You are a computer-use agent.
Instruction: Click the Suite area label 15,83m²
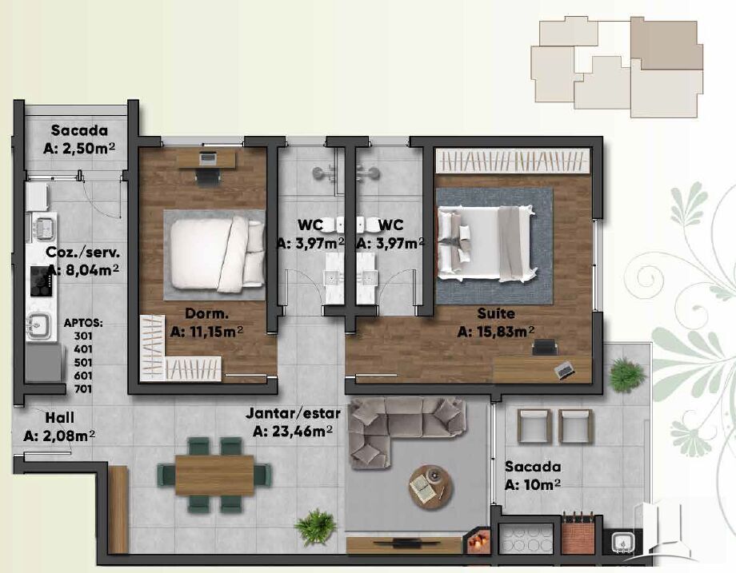pyautogui.click(x=496, y=332)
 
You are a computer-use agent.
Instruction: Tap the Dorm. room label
pyautogui.click(x=206, y=314)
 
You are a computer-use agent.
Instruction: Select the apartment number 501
pyautogui.click(x=83, y=363)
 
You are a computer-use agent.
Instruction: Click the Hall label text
pyautogui.click(x=60, y=417)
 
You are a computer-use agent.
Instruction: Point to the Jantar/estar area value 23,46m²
pyautogui.click(x=293, y=431)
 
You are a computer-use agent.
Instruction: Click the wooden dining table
pyautogui.click(x=214, y=475)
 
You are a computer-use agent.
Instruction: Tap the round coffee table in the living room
pyautogui.click(x=431, y=484)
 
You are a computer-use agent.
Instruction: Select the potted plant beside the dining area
pyautogui.click(x=315, y=527)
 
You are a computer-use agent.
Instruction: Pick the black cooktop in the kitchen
pyautogui.click(x=41, y=281)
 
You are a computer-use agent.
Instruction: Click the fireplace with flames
pyautogui.click(x=478, y=542)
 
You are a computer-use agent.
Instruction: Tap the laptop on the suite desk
pyautogui.click(x=564, y=369)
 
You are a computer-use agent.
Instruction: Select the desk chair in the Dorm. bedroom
pyautogui.click(x=207, y=177)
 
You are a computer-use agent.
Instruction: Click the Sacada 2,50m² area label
pyautogui.click(x=79, y=139)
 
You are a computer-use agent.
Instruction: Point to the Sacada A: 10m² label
pyautogui.click(x=533, y=476)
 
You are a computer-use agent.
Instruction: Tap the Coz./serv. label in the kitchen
pyautogui.click(x=83, y=253)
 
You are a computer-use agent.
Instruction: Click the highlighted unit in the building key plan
pyautogui.click(x=666, y=44)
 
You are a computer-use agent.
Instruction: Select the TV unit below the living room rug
pyautogui.click(x=405, y=545)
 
